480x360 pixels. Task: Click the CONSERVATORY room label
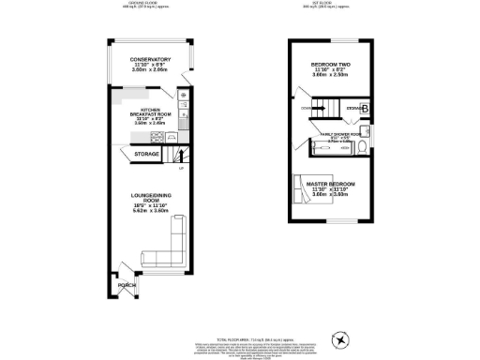click(x=151, y=59)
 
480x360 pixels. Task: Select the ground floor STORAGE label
click(x=146, y=153)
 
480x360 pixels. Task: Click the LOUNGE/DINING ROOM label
click(x=150, y=200)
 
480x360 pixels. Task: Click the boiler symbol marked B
click(x=365, y=110)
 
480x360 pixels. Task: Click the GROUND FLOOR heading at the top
click(x=142, y=3)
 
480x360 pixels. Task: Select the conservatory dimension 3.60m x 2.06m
click(x=151, y=70)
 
